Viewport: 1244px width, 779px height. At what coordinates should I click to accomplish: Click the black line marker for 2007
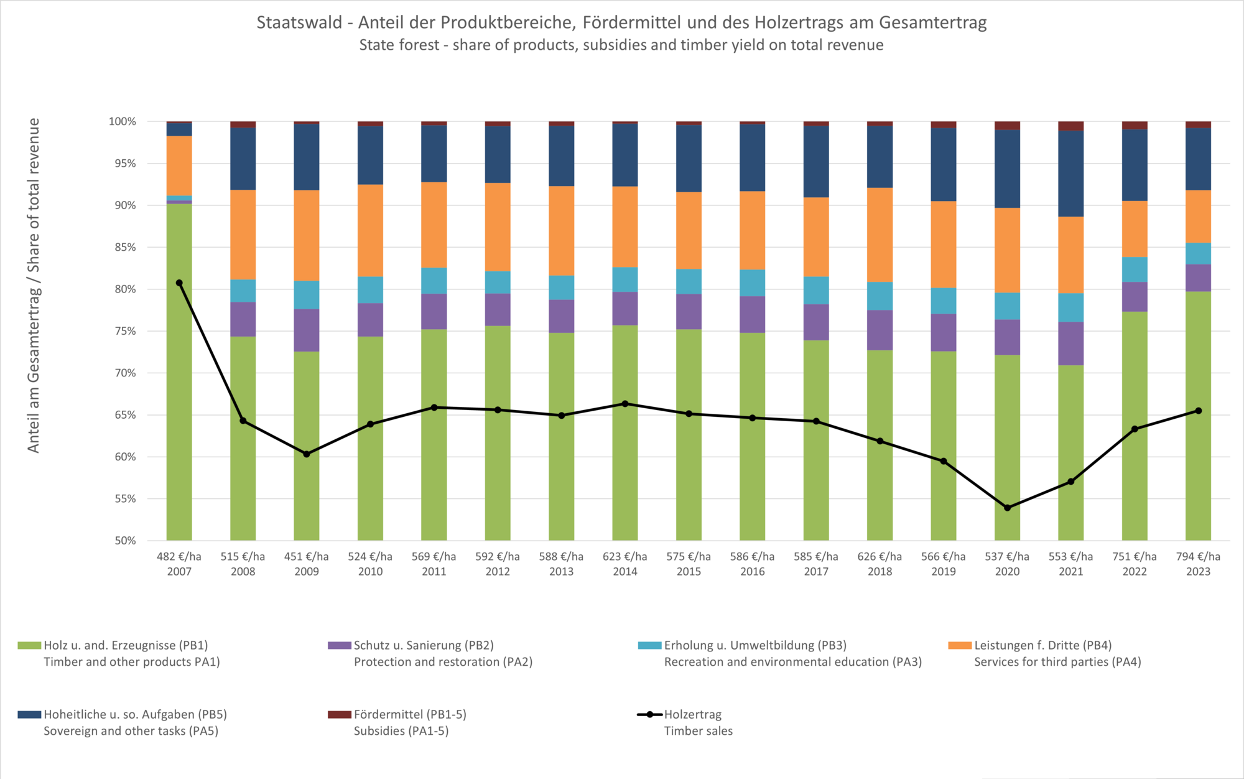click(179, 283)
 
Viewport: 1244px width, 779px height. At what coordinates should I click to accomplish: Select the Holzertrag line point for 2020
click(1007, 508)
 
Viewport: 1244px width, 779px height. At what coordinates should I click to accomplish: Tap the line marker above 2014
click(625, 404)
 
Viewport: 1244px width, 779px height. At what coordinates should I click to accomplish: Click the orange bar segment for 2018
click(880, 235)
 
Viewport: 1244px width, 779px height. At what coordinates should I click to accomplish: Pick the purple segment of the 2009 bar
click(307, 330)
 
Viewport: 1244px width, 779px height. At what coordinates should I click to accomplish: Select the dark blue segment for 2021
click(1070, 174)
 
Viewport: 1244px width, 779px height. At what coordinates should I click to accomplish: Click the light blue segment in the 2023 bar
click(1198, 254)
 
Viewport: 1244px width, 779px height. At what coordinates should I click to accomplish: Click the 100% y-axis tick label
click(123, 121)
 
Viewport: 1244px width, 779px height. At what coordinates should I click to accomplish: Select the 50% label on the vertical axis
click(125, 541)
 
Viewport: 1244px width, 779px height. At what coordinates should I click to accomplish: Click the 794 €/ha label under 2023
click(1198, 556)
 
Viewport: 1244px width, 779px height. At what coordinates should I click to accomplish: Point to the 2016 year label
click(752, 571)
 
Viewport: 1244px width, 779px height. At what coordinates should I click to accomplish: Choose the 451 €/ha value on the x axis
click(307, 556)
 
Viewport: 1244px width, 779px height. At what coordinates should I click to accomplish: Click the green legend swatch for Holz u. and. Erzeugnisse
click(29, 645)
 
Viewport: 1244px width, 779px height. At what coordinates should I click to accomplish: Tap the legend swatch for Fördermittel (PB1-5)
click(340, 714)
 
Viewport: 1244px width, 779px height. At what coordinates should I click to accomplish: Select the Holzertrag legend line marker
click(649, 714)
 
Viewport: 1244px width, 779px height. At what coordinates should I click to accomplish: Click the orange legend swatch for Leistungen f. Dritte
click(960, 645)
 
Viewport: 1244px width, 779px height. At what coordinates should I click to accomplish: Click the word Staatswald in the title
click(299, 22)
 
